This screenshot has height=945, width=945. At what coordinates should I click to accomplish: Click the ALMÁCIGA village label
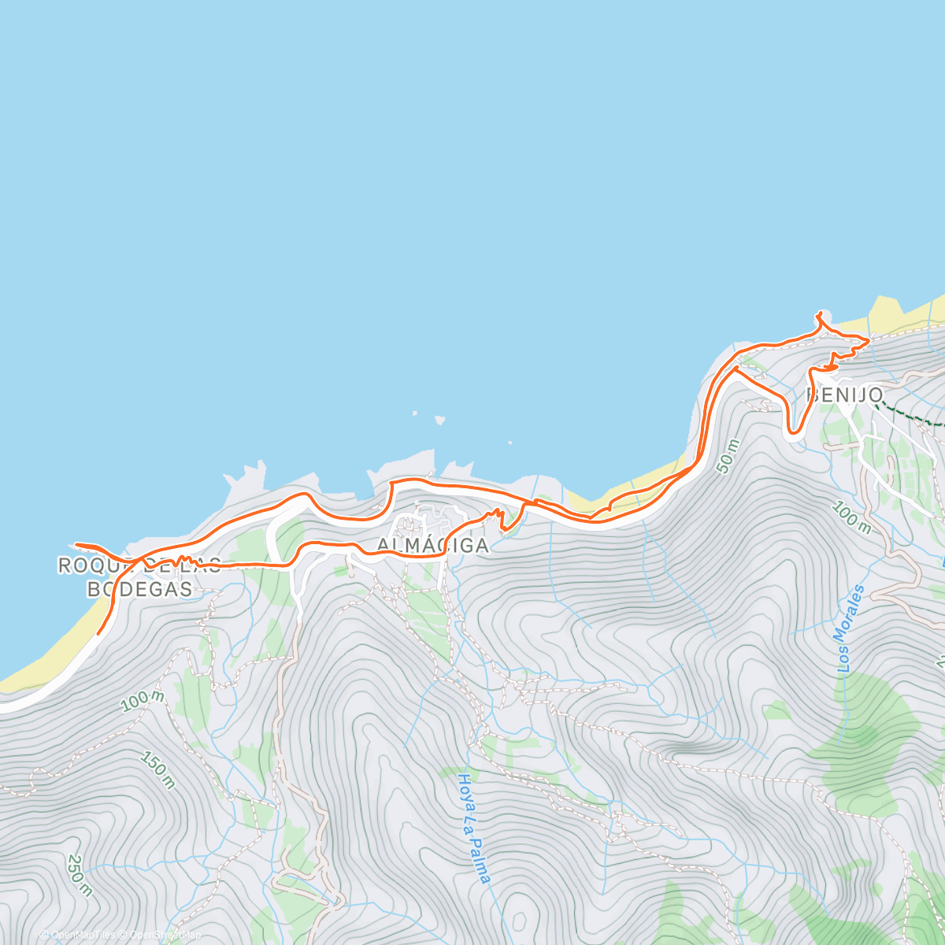pos(432,545)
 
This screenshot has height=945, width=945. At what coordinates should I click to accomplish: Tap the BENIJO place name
pos(844,395)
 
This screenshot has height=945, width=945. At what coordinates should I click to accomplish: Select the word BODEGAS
pos(139,588)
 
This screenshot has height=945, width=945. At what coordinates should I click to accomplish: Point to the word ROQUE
pos(88,565)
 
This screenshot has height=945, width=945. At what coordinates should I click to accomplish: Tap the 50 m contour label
pos(728,456)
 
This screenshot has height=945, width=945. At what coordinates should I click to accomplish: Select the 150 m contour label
pos(157,769)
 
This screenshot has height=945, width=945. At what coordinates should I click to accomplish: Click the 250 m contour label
pos(80,875)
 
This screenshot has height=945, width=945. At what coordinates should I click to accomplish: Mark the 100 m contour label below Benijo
pos(850,519)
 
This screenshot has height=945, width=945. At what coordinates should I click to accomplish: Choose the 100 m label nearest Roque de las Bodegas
pos(143,700)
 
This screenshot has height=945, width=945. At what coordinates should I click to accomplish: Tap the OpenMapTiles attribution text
pos(83,935)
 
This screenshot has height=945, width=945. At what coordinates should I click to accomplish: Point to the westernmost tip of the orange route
pos(75,544)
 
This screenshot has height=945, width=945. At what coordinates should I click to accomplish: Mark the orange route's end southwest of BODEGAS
pos(98,632)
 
